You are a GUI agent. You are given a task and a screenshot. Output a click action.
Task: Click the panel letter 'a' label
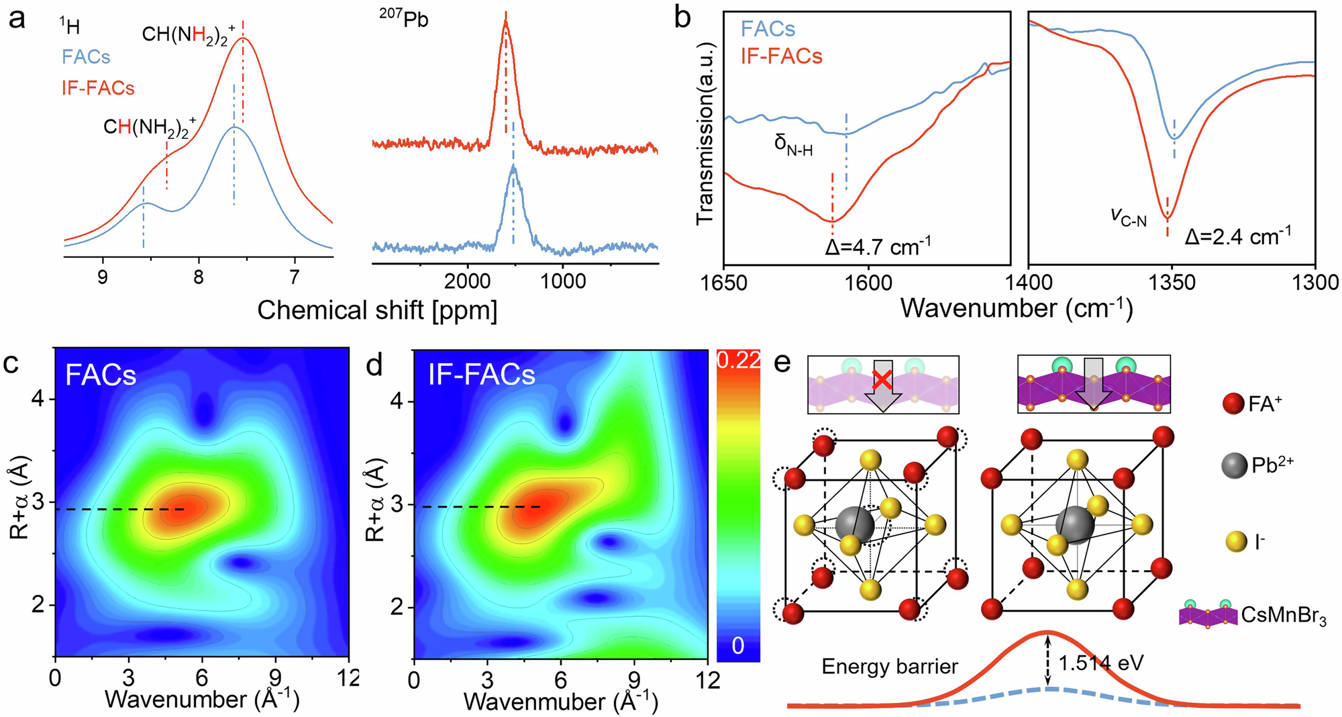16,19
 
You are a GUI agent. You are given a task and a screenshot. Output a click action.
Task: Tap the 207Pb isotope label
403,18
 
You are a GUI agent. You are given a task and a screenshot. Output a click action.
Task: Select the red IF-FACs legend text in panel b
781,56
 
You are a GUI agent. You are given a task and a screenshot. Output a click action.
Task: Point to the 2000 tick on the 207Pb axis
467,281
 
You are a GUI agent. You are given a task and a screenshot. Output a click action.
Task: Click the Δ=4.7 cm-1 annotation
877,246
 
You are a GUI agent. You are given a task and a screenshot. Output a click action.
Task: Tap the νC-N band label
1128,216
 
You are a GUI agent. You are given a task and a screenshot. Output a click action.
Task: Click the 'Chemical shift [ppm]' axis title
377,311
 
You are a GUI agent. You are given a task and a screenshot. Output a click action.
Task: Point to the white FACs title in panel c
101,375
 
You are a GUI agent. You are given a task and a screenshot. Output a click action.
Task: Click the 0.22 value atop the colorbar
738,361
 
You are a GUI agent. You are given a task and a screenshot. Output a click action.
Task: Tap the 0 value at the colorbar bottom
738,646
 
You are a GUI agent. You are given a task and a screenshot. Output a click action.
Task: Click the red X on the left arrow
884,380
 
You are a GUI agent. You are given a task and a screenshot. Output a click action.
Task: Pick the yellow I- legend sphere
1235,542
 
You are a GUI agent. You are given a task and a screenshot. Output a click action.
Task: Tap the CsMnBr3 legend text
1284,615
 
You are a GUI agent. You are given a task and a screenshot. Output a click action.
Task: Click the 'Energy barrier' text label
890,667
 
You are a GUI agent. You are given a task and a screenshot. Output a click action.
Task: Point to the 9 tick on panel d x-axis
634,680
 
